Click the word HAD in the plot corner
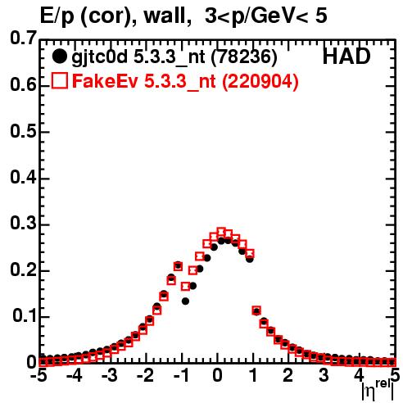point(346,57)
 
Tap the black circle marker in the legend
point(59,57)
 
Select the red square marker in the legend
point(59,80)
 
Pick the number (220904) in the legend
point(260,81)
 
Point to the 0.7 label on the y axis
point(23,38)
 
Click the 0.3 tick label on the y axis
point(23,223)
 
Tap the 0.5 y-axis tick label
point(23,131)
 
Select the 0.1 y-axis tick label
point(25,315)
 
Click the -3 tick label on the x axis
point(109,376)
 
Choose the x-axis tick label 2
point(288,376)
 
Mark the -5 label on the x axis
point(38,376)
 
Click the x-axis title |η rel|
point(378,389)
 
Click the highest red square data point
point(221,232)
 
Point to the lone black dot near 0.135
point(186,301)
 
